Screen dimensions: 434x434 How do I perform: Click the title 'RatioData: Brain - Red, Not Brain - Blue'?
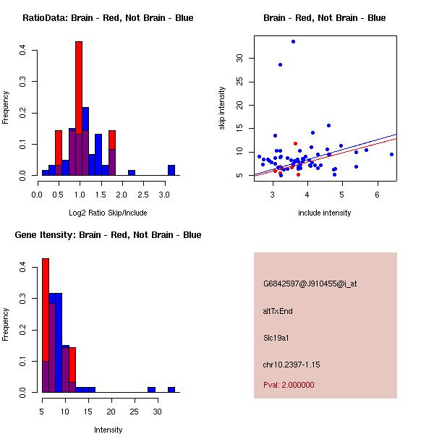[108, 18]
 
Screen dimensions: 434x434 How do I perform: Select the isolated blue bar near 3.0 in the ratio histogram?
[171, 171]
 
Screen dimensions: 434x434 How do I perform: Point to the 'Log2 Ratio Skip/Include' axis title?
[108, 213]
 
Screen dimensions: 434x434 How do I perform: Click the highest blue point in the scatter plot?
[293, 41]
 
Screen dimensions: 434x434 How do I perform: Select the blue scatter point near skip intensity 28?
[280, 64]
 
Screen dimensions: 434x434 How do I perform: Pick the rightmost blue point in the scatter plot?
[391, 154]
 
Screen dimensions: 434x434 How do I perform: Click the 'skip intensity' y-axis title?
[222, 109]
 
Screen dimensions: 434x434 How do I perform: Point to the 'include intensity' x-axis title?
[325, 213]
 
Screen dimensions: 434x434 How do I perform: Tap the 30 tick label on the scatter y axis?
[239, 58]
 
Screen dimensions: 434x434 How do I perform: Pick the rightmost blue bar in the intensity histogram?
[171, 389]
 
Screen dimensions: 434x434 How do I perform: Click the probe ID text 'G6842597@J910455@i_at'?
[310, 284]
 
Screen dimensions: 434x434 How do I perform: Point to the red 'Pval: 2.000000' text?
[289, 385]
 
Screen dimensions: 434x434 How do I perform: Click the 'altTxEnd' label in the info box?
[278, 311]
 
